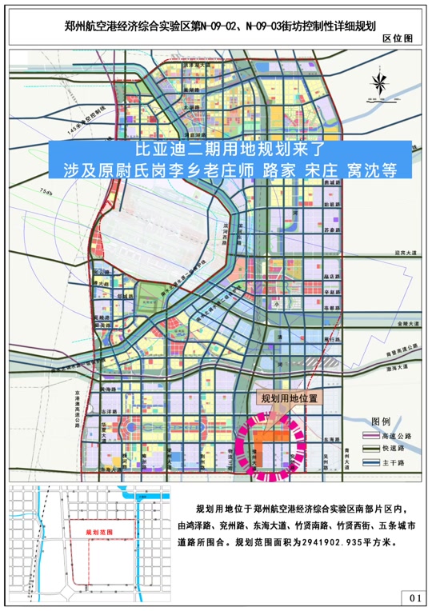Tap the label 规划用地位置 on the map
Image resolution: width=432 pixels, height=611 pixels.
pyautogui.click(x=290, y=397)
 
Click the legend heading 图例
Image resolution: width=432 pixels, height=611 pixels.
pyautogui.click(x=382, y=421)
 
